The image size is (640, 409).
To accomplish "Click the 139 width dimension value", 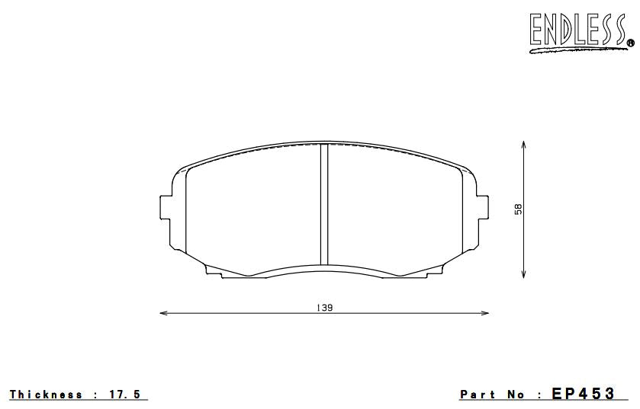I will point(324,308).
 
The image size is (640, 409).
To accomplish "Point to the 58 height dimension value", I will point(518,208).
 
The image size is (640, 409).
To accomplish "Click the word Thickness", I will point(46,395).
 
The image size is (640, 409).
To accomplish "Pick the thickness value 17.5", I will point(126,395).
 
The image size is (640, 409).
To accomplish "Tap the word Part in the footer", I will point(477,395).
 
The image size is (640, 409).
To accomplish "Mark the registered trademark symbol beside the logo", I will point(630,43).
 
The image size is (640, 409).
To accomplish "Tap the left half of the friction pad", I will point(252,209).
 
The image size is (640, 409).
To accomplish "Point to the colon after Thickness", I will point(95,395).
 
